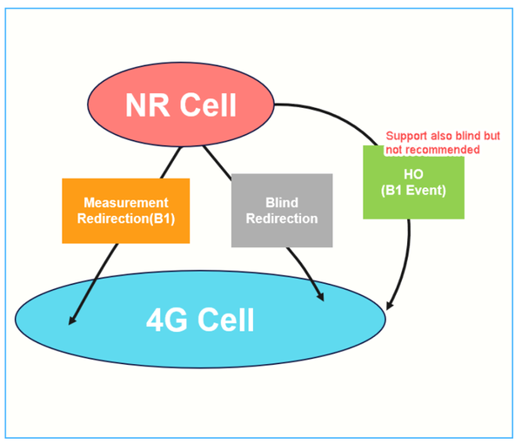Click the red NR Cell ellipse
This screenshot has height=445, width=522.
tap(181, 105)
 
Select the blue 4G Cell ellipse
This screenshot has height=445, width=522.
tap(200, 320)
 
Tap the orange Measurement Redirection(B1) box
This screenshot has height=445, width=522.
tap(126, 210)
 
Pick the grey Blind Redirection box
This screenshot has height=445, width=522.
tap(282, 210)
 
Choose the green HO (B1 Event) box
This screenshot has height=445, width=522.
tap(413, 182)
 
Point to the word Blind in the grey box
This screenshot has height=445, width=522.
tap(282, 202)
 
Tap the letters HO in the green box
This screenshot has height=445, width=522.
tap(413, 174)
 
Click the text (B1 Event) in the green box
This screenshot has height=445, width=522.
tap(413, 190)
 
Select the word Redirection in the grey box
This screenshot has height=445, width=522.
tap(282, 218)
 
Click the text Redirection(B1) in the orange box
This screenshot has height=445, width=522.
tap(126, 218)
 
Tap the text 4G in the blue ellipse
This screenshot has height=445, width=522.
tap(165, 320)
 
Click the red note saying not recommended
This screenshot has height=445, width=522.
tap(432, 150)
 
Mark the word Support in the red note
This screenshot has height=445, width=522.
tap(405, 137)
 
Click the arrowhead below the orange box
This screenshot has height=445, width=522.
tap(72, 320)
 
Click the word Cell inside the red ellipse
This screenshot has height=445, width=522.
tap(205, 105)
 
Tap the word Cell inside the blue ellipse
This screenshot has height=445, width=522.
tap(224, 320)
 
